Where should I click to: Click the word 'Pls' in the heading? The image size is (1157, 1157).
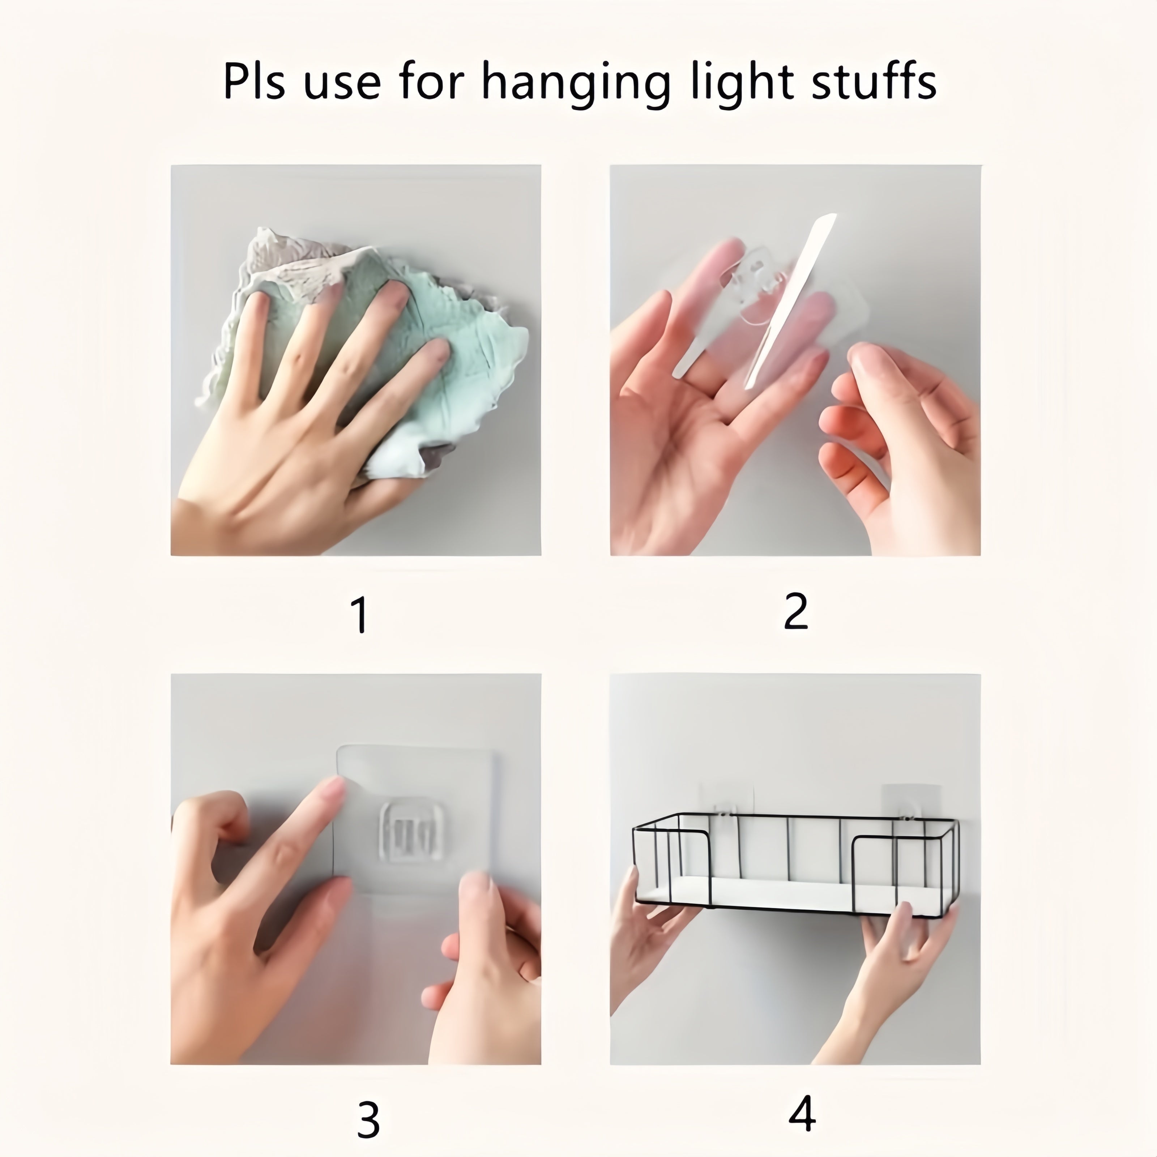(x=253, y=81)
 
